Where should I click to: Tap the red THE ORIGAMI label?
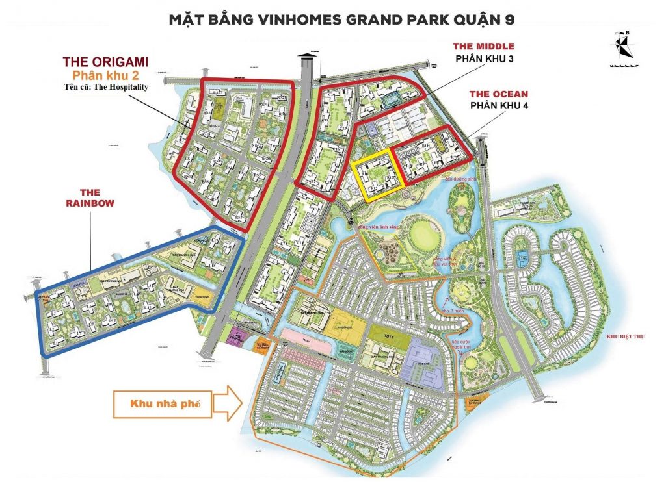point(106,62)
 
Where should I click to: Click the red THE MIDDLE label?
point(483,46)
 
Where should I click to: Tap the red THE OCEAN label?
point(499,94)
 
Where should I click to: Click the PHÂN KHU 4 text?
point(499,107)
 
